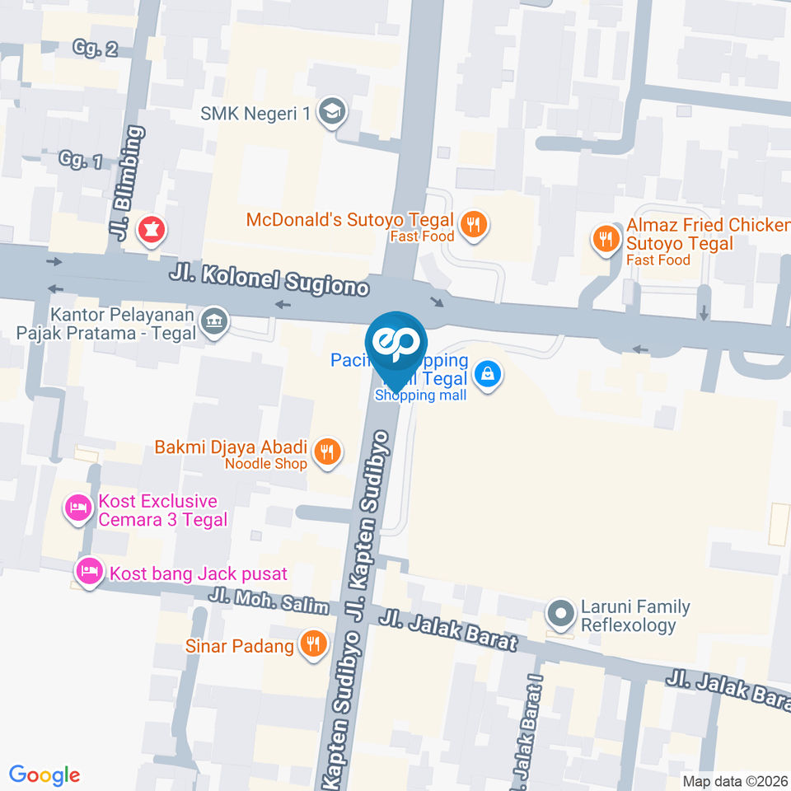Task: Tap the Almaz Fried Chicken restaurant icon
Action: click(x=606, y=239)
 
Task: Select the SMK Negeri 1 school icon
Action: click(x=331, y=113)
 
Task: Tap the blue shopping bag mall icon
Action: click(x=489, y=376)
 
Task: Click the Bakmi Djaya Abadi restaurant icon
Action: click(x=328, y=452)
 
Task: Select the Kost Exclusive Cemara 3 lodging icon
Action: click(x=78, y=508)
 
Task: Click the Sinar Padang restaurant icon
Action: click(x=312, y=644)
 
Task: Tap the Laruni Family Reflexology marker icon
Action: click(x=562, y=614)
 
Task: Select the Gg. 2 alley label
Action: click(x=96, y=49)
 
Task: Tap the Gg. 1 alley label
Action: click(x=81, y=159)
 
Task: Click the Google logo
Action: click(x=44, y=775)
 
